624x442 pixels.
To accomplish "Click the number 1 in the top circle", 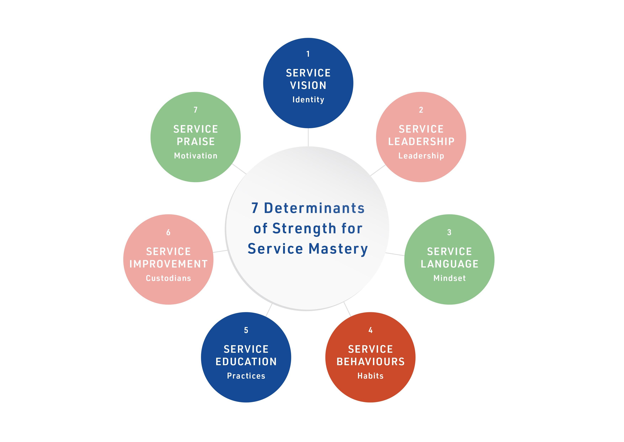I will pos(308,54).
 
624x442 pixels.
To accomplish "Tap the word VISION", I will pos(308,86).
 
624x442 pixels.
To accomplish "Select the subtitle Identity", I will pos(308,100).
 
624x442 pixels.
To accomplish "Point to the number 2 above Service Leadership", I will pos(421,110).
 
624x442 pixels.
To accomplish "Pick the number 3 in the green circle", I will pos(449,232).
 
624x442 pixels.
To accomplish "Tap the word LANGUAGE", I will pos(449,264).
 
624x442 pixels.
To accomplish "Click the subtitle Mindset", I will pos(449,278).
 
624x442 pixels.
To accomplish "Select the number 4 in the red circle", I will pos(370,330).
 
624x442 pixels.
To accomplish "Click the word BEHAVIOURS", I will pos(371,362).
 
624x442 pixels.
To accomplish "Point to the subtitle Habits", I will pos(370,376).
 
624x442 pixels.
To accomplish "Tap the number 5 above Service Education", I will pos(246,330).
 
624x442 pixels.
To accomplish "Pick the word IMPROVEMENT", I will pos(168,264).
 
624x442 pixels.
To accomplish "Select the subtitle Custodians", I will pos(168,278).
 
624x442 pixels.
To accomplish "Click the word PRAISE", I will pos(196,142).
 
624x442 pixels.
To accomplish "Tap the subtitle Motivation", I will pos(196,156).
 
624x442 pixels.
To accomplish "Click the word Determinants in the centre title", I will pos(314,208).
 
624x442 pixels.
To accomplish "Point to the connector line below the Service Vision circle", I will pos(308,137).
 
